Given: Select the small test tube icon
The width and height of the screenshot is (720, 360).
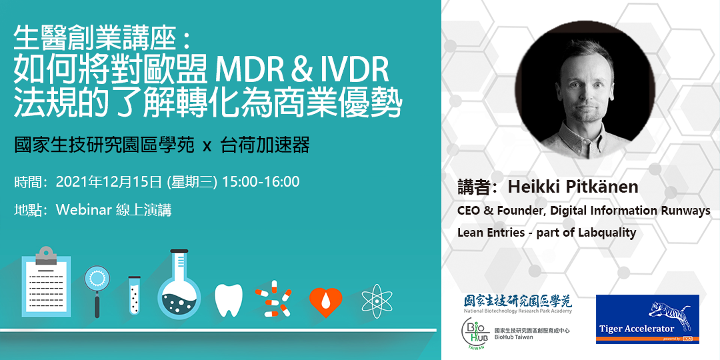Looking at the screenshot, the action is point(135,295).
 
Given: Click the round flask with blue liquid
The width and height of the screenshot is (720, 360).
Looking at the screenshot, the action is point(179,284).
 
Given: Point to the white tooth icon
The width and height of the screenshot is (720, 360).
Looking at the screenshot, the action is point(229,300).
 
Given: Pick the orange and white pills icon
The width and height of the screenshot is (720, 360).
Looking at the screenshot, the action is point(274,299).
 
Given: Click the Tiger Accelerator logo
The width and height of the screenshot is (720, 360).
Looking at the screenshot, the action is point(647,319).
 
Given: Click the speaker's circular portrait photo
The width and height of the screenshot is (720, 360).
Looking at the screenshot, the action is point(585,90).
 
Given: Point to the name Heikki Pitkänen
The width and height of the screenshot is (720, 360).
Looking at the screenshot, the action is point(573,187).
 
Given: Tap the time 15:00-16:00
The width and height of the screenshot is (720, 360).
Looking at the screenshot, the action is point(261,181).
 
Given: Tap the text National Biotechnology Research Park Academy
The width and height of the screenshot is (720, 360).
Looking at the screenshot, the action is point(517,311).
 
